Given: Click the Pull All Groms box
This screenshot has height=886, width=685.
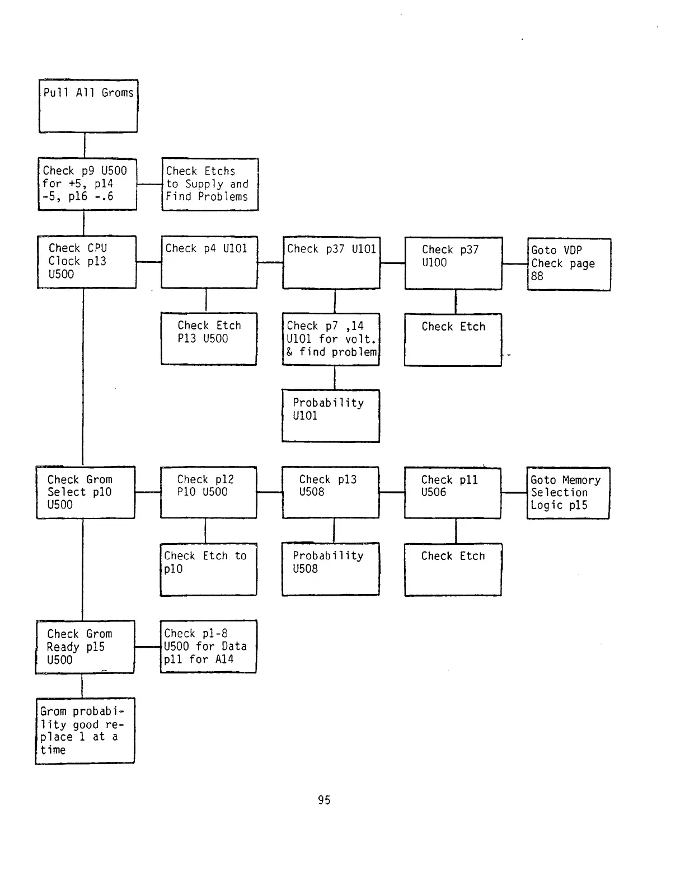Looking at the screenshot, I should pyautogui.click(x=88, y=106).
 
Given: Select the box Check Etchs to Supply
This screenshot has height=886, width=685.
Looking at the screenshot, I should pyautogui.click(x=210, y=184).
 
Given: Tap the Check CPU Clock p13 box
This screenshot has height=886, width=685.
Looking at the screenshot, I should pyautogui.click(x=87, y=262).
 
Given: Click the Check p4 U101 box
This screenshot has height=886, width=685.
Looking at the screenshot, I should pyautogui.click(x=209, y=262).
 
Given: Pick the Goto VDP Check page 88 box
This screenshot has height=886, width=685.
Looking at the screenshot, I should pyautogui.click(x=569, y=264).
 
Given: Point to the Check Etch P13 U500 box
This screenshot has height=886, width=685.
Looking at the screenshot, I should pyautogui.click(x=209, y=338).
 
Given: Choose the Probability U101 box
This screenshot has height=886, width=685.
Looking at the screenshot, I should pyautogui.click(x=331, y=416).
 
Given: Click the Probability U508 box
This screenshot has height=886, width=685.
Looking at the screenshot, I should pyautogui.click(x=331, y=569).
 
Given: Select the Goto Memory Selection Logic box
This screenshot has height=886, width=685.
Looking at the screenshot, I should pyautogui.click(x=568, y=493).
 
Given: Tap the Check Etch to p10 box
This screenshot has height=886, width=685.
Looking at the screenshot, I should pyautogui.click(x=209, y=569).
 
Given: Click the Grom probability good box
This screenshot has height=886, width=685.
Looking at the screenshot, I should pyautogui.click(x=85, y=731).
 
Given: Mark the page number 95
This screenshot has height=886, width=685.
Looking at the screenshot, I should pyautogui.click(x=324, y=800).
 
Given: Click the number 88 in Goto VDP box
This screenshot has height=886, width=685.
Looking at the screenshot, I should pyautogui.click(x=537, y=276).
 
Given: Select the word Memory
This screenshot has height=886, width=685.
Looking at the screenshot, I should pyautogui.click(x=581, y=480).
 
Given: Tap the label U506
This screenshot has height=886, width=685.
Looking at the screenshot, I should pyautogui.click(x=434, y=492).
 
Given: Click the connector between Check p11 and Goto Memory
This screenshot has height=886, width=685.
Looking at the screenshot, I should pyautogui.click(x=514, y=493).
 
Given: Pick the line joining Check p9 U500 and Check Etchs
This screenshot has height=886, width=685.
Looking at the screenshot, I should pyautogui.click(x=149, y=184).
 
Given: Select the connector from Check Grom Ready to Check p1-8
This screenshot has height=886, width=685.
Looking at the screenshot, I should pyautogui.click(x=148, y=647).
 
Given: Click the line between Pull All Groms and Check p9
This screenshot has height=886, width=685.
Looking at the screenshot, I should pyautogui.click(x=85, y=145).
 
